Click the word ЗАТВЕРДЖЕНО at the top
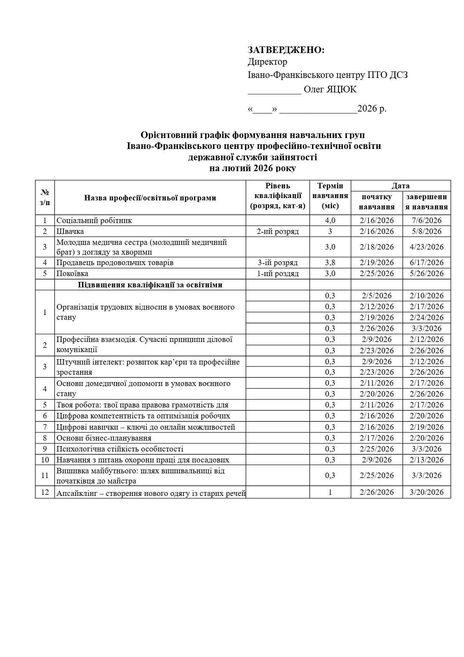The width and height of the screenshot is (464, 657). click(x=286, y=50)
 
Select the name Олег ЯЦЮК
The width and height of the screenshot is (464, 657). click(x=330, y=89)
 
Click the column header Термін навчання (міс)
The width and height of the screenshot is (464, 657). click(x=330, y=196)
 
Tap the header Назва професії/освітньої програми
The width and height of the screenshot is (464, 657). click(x=150, y=198)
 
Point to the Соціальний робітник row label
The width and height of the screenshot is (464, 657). click(x=94, y=220)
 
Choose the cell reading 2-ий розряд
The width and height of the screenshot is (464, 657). click(x=277, y=231)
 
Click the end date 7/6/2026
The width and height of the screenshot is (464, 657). click(x=427, y=220)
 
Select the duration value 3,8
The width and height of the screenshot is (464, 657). click(x=330, y=262)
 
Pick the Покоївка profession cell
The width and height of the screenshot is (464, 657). click(x=72, y=273)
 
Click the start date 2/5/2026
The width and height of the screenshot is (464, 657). click(x=376, y=296)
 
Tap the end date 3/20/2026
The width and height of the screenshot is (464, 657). click(x=427, y=492)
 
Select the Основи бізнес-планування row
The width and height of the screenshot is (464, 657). click(x=104, y=438)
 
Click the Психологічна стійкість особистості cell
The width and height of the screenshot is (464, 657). click(x=120, y=449)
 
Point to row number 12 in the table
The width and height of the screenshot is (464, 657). click(x=45, y=492)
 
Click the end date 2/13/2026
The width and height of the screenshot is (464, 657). click(x=427, y=460)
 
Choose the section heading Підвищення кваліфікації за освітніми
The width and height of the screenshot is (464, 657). click(x=150, y=285)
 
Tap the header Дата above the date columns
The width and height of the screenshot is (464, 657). click(x=400, y=186)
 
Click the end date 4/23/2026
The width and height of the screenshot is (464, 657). click(x=427, y=247)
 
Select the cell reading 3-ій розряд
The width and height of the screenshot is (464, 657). click(x=277, y=262)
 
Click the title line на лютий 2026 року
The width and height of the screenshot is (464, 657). click(x=252, y=168)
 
